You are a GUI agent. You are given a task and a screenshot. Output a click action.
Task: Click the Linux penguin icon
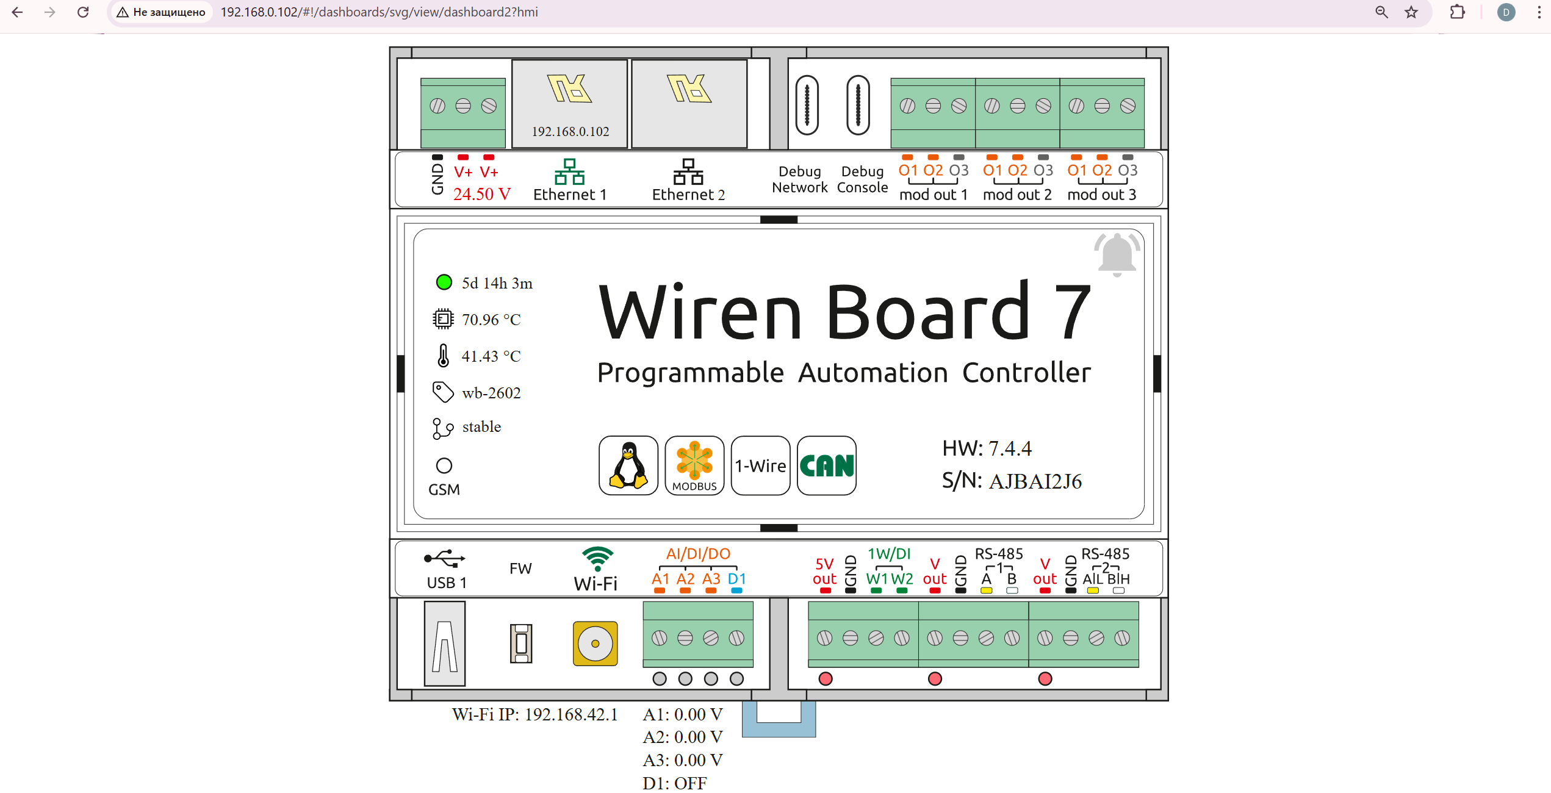[628, 465]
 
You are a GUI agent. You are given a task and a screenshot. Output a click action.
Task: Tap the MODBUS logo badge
[694, 465]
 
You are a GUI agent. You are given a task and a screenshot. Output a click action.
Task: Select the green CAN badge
[827, 465]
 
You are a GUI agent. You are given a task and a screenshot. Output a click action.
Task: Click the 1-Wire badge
[760, 465]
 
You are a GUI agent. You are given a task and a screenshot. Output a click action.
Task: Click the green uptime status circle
[444, 282]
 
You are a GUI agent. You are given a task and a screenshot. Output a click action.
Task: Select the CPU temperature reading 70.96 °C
[491, 320]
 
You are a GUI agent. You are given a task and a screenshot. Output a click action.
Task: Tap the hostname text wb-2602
[491, 393]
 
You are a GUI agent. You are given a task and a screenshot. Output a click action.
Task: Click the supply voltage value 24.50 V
[481, 194]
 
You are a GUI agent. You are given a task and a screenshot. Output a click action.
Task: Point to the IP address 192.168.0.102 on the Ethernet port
[570, 132]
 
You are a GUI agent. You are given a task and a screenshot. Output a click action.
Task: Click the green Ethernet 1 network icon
[569, 172]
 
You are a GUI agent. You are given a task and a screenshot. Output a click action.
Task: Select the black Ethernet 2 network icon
[688, 172]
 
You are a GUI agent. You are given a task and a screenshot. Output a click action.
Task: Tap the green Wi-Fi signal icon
[597, 558]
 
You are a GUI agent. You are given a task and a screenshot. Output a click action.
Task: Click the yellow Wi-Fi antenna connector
[595, 644]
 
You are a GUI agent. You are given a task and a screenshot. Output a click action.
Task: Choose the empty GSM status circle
[444, 466]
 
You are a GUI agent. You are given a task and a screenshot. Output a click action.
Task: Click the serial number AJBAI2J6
[1035, 482]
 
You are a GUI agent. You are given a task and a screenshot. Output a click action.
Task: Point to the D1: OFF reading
[674, 783]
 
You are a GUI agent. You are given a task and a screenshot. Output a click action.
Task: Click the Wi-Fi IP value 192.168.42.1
[571, 714]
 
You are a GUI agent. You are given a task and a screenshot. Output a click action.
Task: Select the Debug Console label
[862, 179]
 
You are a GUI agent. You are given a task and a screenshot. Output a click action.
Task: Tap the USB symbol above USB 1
[445, 558]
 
